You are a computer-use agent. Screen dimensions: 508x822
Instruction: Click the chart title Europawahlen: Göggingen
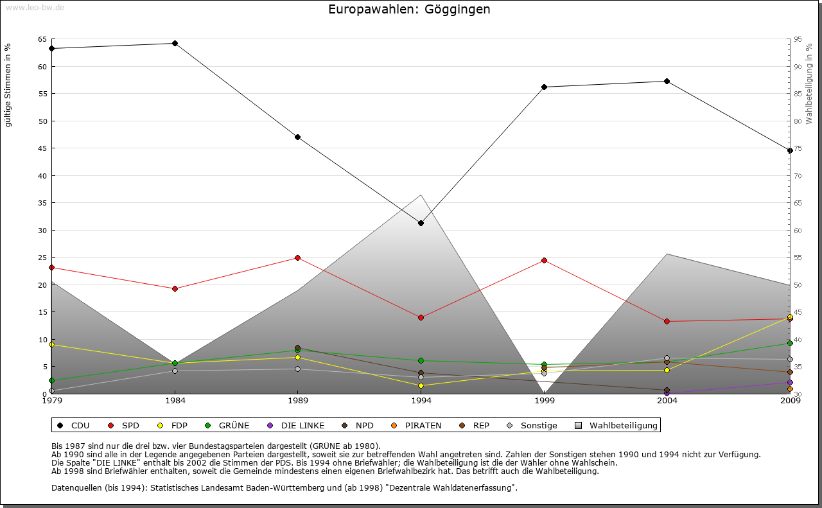coord(409,10)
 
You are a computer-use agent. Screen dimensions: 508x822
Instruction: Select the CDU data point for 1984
coord(175,43)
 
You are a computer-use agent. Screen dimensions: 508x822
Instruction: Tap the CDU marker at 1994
coord(421,223)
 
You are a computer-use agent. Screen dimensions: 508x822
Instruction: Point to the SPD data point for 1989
coord(297,258)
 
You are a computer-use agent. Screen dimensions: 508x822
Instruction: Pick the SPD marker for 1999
coord(544,260)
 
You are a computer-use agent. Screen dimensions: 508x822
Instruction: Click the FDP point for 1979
coord(51,344)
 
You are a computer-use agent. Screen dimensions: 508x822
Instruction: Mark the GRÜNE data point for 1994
coord(421,360)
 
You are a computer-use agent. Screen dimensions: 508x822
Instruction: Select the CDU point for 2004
coord(667,81)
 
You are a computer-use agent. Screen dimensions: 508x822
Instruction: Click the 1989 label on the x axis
coord(298,402)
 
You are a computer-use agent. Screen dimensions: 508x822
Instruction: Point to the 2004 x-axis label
coord(667,402)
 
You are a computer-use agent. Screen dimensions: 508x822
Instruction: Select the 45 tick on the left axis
coord(42,148)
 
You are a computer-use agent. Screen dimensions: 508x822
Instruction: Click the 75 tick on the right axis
coord(797,148)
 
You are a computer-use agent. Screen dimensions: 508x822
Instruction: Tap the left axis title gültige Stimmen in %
coord(8,85)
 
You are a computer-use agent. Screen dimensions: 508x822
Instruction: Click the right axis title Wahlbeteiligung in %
coord(809,84)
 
